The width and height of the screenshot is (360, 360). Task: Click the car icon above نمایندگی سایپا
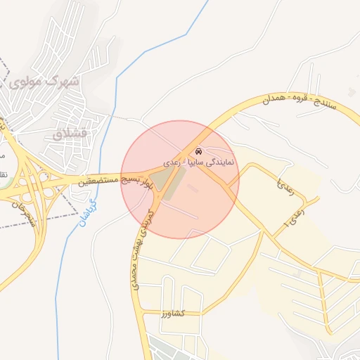click(x=199, y=151)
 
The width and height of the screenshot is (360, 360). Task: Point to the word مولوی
click(x=27, y=82)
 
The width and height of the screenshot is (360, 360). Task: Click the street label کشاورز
click(x=172, y=311)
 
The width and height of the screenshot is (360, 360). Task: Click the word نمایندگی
click(x=225, y=161)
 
